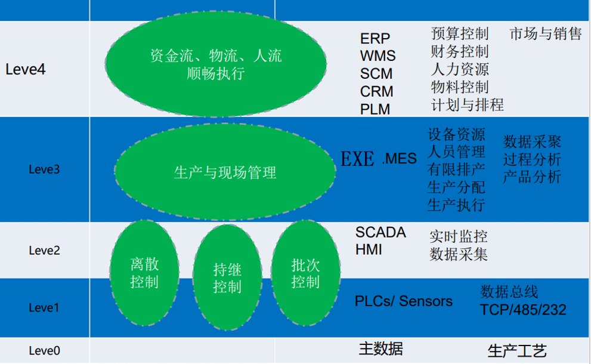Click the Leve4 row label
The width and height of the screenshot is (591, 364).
point(25,70)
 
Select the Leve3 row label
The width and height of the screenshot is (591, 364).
point(44,169)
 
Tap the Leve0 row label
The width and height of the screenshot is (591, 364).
point(44,351)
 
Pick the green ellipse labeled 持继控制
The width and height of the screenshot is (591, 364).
point(227,278)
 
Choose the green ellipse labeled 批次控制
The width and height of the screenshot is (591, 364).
point(305,273)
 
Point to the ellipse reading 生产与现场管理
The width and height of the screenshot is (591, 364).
point(225,172)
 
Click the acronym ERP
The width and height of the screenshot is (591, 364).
point(375,39)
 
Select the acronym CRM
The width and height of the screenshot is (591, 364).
point(376,92)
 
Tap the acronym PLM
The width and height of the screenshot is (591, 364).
point(375,110)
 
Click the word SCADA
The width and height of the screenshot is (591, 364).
point(380,233)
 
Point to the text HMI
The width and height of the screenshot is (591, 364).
point(369,250)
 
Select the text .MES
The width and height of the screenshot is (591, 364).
point(399,159)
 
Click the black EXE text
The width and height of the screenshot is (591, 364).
point(357,159)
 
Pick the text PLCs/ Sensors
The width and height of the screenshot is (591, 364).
point(403,301)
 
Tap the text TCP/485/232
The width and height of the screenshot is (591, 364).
point(523,310)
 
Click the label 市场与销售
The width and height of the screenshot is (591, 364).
point(545,33)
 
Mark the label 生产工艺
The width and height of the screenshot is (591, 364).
point(516,351)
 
